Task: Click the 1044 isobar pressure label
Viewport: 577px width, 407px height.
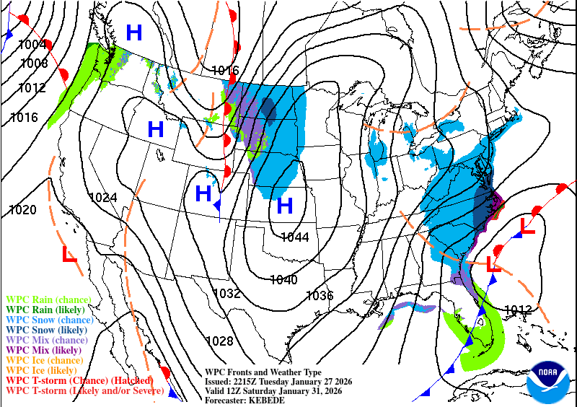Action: (x=296, y=237)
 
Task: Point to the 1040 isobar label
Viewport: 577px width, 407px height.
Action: (x=283, y=279)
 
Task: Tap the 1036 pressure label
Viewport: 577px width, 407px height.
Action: (x=320, y=295)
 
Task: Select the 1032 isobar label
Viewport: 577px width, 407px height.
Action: (x=226, y=294)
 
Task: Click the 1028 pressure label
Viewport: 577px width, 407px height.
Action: (x=219, y=341)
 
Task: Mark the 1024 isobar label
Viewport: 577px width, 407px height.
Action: (x=103, y=197)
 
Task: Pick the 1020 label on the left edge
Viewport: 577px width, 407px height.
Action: (x=22, y=210)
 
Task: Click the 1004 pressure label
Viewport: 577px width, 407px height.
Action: (x=32, y=45)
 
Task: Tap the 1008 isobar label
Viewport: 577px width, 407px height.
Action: (x=34, y=63)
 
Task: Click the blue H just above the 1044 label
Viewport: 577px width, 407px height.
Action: (x=285, y=206)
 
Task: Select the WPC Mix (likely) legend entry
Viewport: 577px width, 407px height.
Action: (x=45, y=349)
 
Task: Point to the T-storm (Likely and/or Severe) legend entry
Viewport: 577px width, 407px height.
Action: (x=84, y=390)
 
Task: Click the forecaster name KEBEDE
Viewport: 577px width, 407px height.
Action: (x=271, y=400)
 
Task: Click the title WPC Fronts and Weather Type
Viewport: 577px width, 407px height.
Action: (x=263, y=372)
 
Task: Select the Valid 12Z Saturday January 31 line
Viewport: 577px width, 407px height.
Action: (x=273, y=390)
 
